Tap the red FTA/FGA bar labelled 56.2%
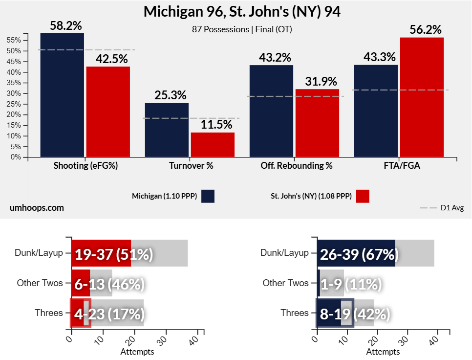tap(422, 97)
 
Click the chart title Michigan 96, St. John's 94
tap(242, 12)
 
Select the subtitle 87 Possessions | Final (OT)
tap(242, 29)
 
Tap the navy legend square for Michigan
tap(207, 196)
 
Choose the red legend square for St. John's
tap(362, 196)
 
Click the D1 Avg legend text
tap(452, 208)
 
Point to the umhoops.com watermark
tap(37, 208)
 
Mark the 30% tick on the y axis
tap(14, 93)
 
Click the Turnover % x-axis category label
tap(191, 166)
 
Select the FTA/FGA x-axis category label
tap(402, 166)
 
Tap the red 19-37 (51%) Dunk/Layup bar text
tap(114, 255)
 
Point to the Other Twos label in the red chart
tap(40, 283)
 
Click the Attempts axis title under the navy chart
tap(383, 352)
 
